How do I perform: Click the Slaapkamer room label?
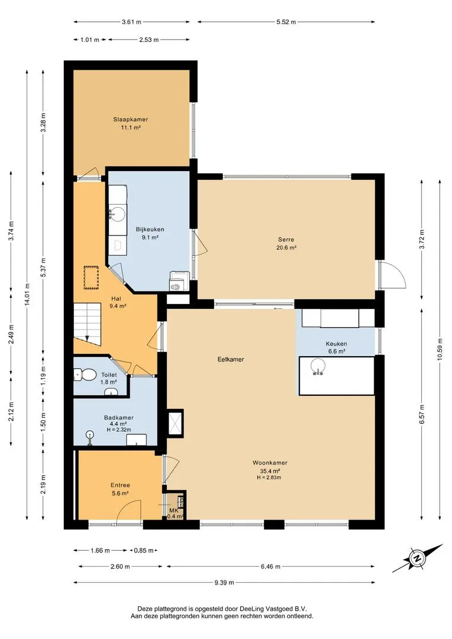tap(130, 120)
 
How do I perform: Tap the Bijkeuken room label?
tap(150, 230)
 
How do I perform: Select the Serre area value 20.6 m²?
tap(286, 247)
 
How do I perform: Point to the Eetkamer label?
tap(231, 360)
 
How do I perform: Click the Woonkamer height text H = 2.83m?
tap(269, 477)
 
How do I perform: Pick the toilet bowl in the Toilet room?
tap(85, 375)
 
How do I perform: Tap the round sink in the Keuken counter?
tap(317, 366)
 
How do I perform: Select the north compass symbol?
tap(417, 559)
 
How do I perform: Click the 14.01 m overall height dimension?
tap(27, 294)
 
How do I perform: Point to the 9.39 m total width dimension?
tap(224, 582)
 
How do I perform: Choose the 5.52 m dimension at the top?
tap(286, 22)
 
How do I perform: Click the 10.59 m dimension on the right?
tap(440, 350)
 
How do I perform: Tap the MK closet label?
tap(173, 510)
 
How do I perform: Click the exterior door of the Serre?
tap(392, 276)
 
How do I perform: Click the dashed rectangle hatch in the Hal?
tap(91, 277)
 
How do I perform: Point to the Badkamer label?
tap(118, 418)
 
